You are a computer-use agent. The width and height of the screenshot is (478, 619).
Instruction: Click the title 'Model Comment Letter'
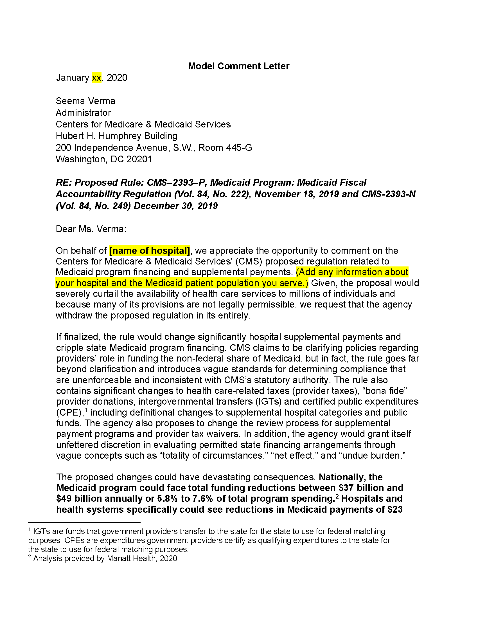[238, 66]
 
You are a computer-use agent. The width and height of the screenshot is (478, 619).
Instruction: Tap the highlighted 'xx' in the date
[96, 78]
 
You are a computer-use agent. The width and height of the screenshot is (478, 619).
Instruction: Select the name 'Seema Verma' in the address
[85, 101]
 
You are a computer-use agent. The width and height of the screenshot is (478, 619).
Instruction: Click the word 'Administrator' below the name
[83, 113]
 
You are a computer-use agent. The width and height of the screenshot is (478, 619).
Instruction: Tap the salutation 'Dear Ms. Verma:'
[91, 229]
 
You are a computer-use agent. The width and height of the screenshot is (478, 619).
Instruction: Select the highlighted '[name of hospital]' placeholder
[150, 250]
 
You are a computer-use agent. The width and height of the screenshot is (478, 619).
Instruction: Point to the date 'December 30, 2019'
[175, 206]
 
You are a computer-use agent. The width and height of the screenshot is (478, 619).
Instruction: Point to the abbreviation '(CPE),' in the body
[70, 412]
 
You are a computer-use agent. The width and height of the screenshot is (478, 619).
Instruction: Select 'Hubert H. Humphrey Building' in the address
[116, 136]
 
